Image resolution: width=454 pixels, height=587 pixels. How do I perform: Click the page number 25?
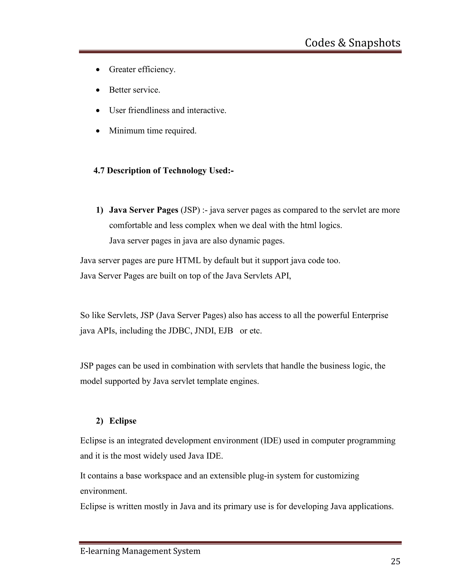pos(395,562)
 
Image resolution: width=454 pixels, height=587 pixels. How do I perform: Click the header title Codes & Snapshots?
pos(352,43)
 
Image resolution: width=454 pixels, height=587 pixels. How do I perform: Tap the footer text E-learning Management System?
pos(140,551)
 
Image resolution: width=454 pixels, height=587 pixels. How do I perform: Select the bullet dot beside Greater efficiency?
pos(98,70)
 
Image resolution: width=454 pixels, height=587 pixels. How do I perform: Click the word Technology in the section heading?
pos(185,170)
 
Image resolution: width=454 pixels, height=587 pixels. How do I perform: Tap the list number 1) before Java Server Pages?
pos(100,210)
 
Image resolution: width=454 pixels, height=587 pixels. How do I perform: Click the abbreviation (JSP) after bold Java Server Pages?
pos(190,210)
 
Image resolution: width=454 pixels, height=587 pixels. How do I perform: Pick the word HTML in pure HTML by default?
pos(188,260)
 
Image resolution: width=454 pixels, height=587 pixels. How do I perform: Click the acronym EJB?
pos(225,330)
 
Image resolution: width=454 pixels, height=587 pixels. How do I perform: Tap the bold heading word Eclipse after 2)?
pos(123,421)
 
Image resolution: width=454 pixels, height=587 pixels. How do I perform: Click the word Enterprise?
pos(370,315)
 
